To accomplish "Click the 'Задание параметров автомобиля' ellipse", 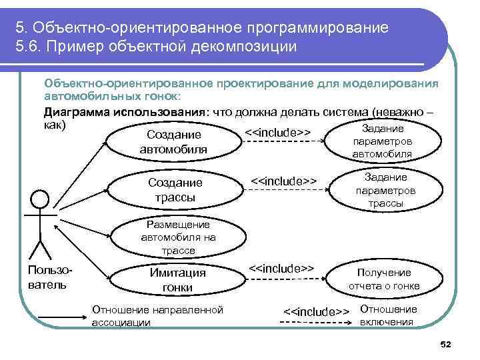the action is click(383, 141).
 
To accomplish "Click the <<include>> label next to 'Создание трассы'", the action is click(282, 181).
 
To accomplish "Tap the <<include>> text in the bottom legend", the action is click(317, 312).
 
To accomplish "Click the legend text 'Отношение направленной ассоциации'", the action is click(157, 316).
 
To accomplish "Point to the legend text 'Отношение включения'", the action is click(388, 316).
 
